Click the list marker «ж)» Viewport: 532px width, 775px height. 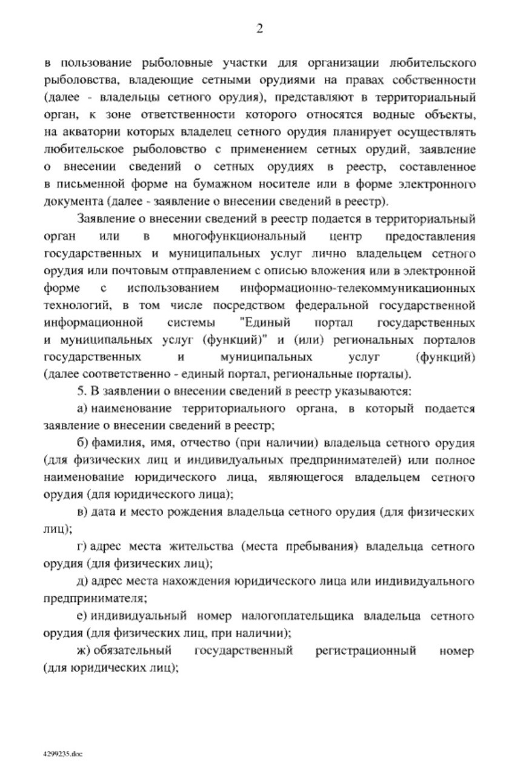(x=84, y=651)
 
